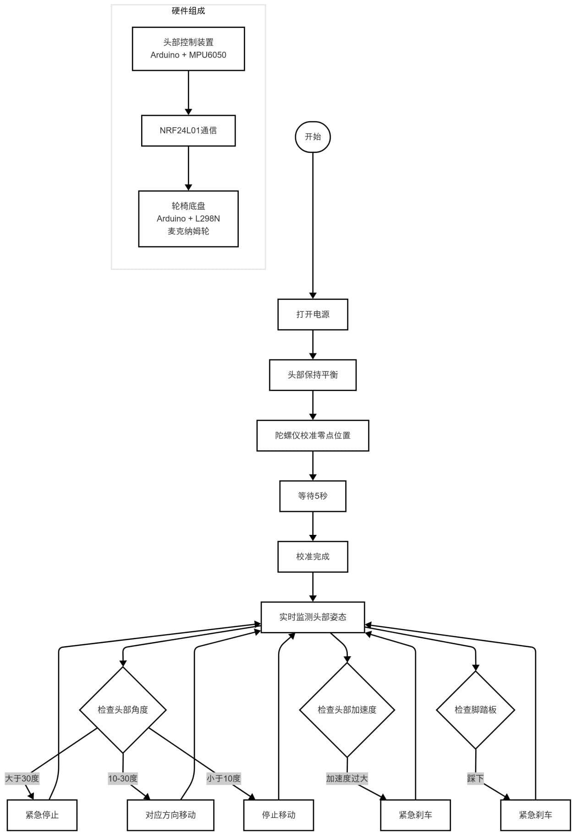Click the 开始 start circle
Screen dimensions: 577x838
click(x=313, y=136)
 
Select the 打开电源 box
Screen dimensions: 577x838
click(x=313, y=315)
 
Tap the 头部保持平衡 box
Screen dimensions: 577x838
click(x=313, y=375)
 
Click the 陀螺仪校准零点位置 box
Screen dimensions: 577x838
click(x=313, y=435)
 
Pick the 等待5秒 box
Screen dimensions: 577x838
click(x=313, y=496)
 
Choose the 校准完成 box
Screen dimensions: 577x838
click(x=313, y=557)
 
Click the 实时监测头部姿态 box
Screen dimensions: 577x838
click(x=313, y=617)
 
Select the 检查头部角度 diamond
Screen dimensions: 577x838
click(x=123, y=710)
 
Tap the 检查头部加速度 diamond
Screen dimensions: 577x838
click(x=347, y=710)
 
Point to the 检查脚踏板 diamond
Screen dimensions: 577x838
click(x=475, y=710)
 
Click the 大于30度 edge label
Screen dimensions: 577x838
click(x=22, y=778)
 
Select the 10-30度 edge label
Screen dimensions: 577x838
click(x=123, y=778)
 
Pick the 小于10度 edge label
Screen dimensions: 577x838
click(x=223, y=778)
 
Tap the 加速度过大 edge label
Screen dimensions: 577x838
click(x=347, y=778)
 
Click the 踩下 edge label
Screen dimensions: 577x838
click(x=475, y=778)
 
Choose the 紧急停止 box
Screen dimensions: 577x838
click(x=42, y=815)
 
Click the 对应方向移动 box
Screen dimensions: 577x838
click(x=170, y=815)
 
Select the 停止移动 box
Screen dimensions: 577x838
click(x=279, y=815)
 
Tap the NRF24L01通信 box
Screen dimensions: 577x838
click(x=188, y=131)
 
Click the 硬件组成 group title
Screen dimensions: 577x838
click(x=188, y=11)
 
